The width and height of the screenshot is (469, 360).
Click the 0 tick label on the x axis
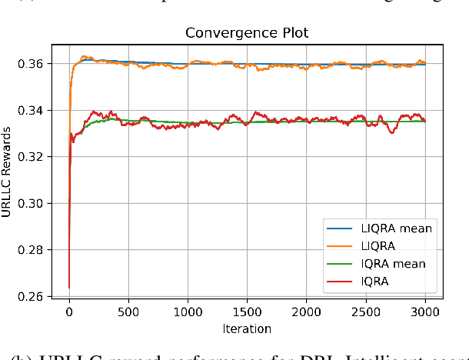[69, 312]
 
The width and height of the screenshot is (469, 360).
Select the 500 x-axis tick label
[128, 312]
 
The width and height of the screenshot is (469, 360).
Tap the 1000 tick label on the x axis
[188, 312]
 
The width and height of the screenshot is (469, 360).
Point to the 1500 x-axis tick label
[247, 312]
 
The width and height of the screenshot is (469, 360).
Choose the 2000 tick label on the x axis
[306, 312]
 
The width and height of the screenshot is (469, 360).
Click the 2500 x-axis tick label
[365, 312]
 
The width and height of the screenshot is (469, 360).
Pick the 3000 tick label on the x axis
[424, 312]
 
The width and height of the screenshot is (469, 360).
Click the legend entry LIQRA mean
[395, 228]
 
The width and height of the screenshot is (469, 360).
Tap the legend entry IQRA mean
[392, 264]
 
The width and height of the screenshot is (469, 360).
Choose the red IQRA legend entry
[376, 282]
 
